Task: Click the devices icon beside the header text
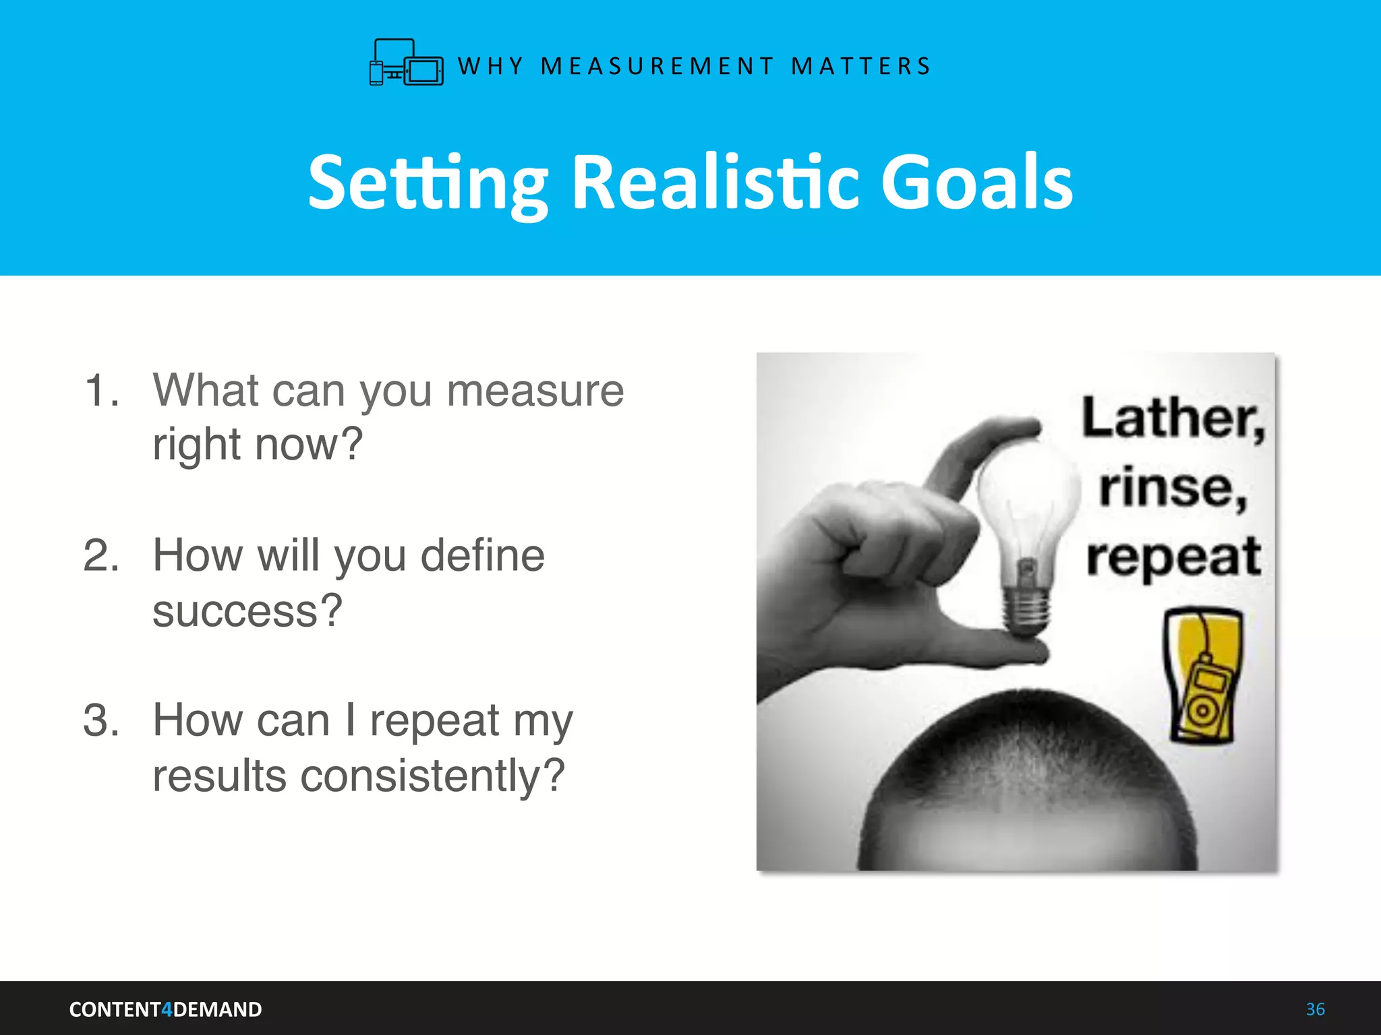coord(406,63)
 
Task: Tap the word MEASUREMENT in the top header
coord(657,66)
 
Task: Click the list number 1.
coord(101,390)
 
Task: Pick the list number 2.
coord(101,556)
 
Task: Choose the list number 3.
coord(101,720)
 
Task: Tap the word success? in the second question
coord(247,610)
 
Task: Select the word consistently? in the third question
coord(432,776)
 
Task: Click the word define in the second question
coord(482,556)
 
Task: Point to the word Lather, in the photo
coord(1173,419)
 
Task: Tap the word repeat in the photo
coord(1173,558)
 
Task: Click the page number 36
coord(1315,1009)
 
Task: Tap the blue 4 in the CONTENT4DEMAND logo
coord(167,1009)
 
